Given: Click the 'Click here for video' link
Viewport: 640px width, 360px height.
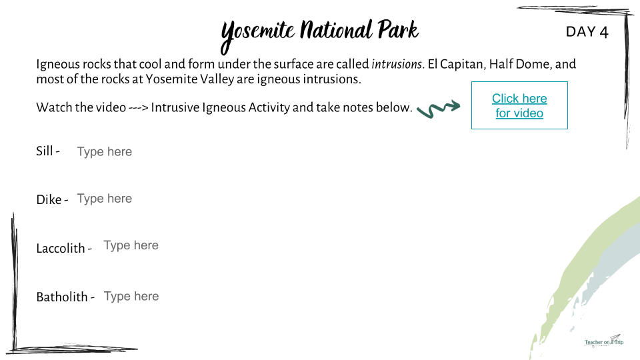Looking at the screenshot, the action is [x=519, y=106].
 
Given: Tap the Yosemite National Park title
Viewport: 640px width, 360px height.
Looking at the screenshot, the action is [x=319, y=34].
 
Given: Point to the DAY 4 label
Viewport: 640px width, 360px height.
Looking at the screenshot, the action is [x=587, y=32].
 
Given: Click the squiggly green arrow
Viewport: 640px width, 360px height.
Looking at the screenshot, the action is [x=439, y=109].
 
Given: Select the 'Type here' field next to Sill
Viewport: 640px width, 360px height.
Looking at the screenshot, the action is [x=105, y=152].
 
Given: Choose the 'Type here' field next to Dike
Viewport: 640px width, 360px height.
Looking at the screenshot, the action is [x=105, y=199].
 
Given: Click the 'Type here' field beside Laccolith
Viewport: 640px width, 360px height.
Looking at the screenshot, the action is [x=131, y=246].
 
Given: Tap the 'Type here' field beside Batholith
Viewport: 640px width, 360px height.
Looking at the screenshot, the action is [x=131, y=297].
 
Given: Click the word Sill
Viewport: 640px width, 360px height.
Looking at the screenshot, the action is [x=45, y=151].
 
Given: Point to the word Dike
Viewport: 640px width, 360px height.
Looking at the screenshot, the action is [x=49, y=199].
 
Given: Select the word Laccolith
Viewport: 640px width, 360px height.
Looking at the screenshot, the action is [x=61, y=248].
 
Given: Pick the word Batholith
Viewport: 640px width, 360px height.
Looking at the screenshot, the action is [x=62, y=297].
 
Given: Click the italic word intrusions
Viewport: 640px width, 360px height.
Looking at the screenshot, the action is [x=396, y=64].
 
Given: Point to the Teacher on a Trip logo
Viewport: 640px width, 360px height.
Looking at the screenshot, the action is [x=604, y=341].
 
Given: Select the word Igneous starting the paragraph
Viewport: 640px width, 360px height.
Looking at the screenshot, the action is [x=53, y=65].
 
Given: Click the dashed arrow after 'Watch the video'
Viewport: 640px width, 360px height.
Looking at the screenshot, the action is [x=139, y=108].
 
